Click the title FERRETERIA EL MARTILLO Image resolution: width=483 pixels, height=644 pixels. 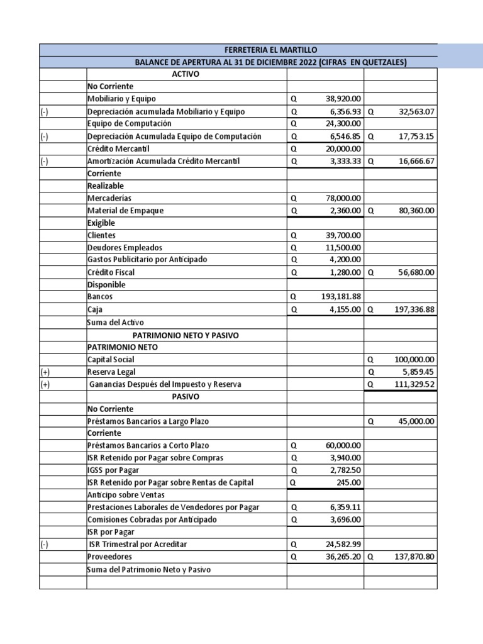coord(270,50)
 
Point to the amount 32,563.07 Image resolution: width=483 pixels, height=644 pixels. coord(413,111)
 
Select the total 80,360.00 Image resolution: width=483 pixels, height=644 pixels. coord(413,211)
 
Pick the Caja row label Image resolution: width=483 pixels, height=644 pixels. coord(95,309)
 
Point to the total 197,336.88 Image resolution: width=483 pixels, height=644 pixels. coord(410,309)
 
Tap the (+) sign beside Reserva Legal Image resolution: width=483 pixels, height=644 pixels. coord(45,372)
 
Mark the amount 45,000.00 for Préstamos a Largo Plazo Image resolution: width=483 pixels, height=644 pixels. coord(413,421)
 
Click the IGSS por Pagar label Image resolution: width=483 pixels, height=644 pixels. coord(113,470)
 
